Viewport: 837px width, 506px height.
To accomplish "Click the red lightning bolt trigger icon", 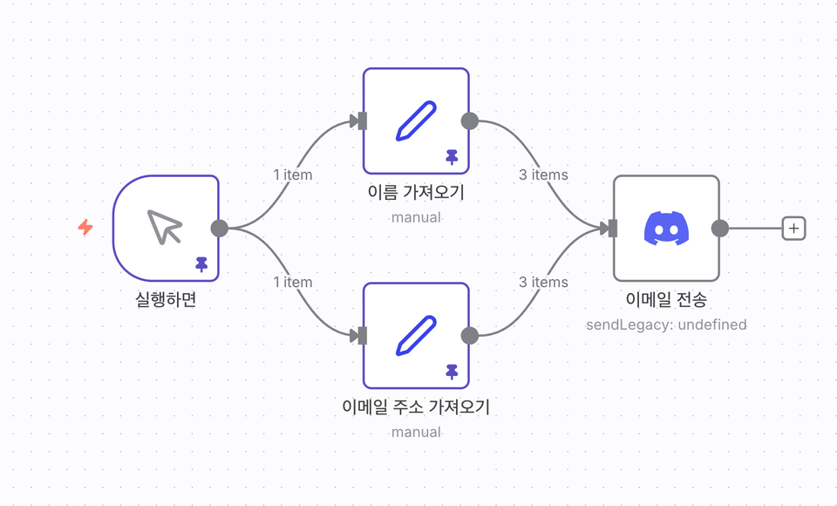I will (85, 228).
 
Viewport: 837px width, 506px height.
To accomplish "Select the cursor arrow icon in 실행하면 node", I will (164, 227).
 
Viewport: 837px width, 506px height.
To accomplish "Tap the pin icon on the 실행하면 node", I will (201, 263).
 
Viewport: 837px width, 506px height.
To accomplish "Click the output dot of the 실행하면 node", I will (220, 228).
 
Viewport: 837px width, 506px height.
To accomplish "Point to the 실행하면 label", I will (166, 300).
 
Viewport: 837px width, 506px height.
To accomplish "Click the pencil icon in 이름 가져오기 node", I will (416, 120).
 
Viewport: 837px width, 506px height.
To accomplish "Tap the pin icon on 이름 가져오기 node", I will (452, 157).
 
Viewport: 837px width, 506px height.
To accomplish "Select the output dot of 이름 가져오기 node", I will (469, 120).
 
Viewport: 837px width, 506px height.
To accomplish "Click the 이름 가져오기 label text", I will (416, 193).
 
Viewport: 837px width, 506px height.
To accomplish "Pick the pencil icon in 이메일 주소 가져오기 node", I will (416, 335).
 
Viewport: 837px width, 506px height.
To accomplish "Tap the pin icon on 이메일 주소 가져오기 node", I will (452, 372).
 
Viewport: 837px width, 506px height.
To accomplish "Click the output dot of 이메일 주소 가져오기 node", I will (469, 335).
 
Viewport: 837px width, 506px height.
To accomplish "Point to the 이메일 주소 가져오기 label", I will (416, 407).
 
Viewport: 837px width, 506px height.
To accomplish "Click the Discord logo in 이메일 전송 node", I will (666, 228).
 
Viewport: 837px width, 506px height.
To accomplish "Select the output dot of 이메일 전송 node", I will (719, 228).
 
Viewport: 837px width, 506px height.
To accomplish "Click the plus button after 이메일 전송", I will (793, 228).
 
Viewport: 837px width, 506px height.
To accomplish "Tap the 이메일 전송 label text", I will (666, 300).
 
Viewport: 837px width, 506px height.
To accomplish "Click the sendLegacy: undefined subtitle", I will (666, 325).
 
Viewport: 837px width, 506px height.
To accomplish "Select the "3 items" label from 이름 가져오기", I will (543, 174).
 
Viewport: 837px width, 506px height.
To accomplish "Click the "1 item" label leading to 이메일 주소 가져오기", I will (292, 282).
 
